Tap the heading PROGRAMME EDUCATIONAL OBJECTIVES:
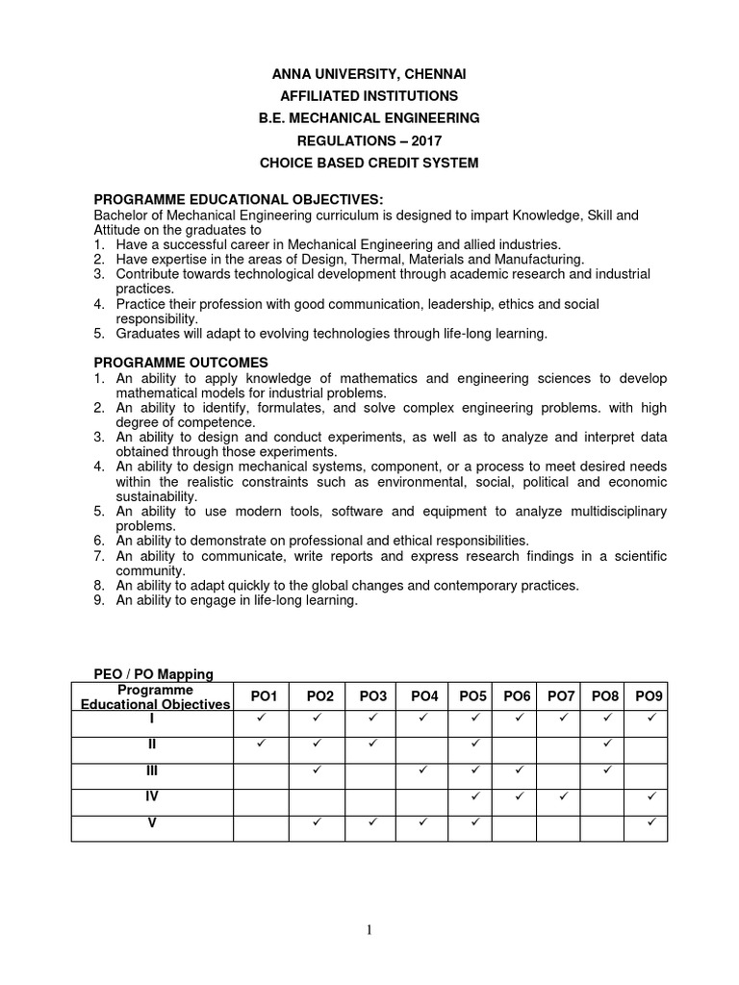click(238, 198)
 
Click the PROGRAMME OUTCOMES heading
click(180, 362)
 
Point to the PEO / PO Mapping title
click(153, 674)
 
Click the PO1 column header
click(263, 696)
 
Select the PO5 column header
click(473, 696)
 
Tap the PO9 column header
click(650, 696)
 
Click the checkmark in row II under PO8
click(606, 745)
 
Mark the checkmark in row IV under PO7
click(563, 796)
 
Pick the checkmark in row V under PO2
click(317, 822)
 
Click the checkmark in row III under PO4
click(423, 770)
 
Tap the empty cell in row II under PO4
click(423, 745)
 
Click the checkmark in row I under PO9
click(650, 718)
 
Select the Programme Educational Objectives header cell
click(154, 696)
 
